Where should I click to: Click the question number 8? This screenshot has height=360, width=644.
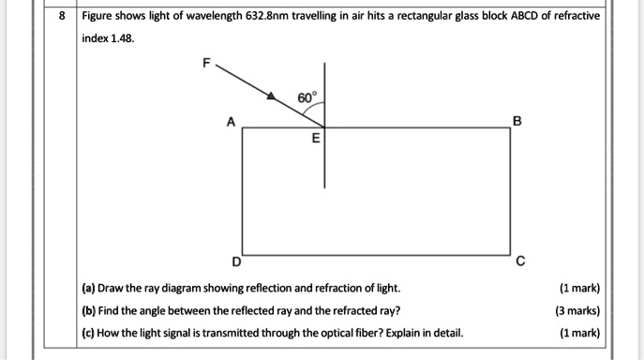tap(63, 17)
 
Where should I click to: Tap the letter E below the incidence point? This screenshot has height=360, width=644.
tap(315, 138)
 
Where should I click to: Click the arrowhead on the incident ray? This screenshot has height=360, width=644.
tap(272, 96)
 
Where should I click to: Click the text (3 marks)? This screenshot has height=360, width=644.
tap(578, 310)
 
